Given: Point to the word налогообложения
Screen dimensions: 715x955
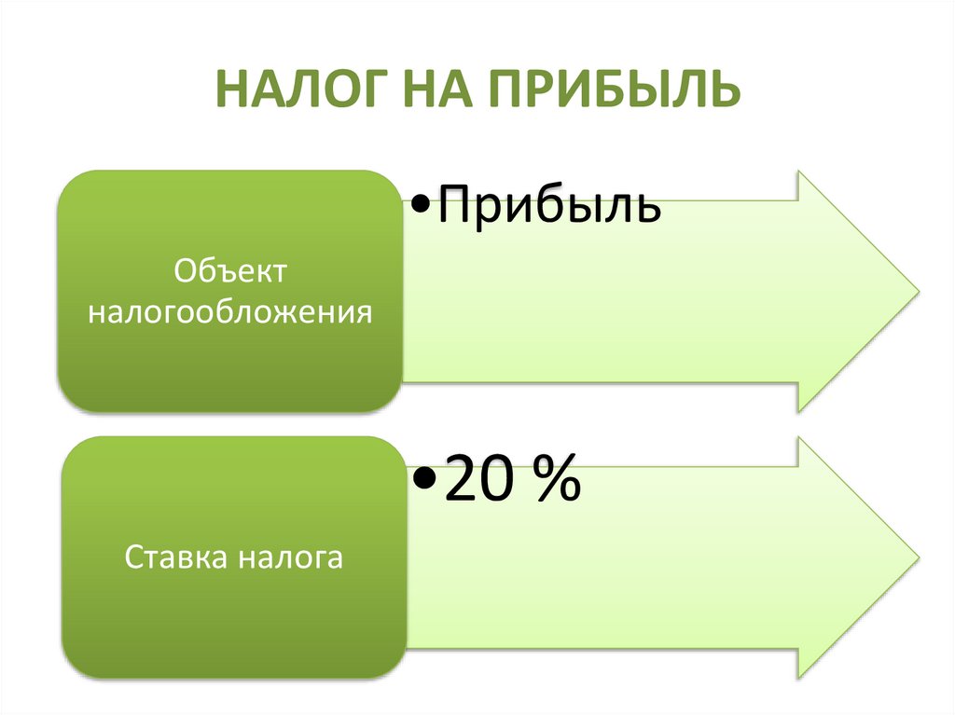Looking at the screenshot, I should click(230, 311).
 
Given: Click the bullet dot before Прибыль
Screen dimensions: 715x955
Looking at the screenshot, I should click(417, 205).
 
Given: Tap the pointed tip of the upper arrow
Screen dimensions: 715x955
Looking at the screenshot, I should click(916, 289).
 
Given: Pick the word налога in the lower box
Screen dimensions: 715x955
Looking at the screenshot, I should click(289, 559).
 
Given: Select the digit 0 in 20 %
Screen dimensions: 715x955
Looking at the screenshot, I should click(500, 481).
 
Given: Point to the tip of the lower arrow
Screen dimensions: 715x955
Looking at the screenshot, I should click(916, 557).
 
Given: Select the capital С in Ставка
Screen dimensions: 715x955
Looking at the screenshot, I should click(132, 559).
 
